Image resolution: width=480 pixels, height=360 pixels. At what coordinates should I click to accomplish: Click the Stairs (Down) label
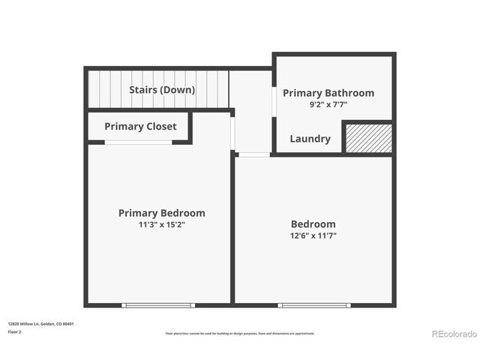point(162,90)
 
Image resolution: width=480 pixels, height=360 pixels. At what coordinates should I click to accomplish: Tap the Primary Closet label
point(140,126)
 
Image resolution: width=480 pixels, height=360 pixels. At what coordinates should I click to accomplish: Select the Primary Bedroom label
point(161,213)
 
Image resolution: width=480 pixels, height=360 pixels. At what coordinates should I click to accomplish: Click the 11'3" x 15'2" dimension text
point(161,224)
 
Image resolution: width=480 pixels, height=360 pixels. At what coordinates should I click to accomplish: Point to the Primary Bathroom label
point(328,93)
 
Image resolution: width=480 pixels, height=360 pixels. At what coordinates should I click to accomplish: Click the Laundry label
point(310,139)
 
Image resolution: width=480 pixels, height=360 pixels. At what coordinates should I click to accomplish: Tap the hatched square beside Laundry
point(367,138)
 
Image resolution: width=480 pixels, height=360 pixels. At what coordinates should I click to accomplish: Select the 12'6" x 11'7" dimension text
point(313,235)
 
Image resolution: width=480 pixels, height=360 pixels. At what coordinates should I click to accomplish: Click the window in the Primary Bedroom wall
point(158,305)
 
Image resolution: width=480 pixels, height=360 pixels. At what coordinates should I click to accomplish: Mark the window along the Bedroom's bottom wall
point(313,305)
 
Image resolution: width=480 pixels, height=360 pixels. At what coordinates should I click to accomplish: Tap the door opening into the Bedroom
point(253,154)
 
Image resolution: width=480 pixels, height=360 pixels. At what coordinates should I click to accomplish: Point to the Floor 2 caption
point(15,331)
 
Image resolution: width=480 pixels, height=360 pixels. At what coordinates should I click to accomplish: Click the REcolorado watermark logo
point(453,334)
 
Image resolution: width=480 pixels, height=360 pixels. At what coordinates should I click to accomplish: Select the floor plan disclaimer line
point(240,333)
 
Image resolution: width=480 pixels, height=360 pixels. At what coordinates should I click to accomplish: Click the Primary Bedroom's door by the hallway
point(233,133)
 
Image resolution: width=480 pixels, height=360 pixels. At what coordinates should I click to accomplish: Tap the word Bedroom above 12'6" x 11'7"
point(313,224)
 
